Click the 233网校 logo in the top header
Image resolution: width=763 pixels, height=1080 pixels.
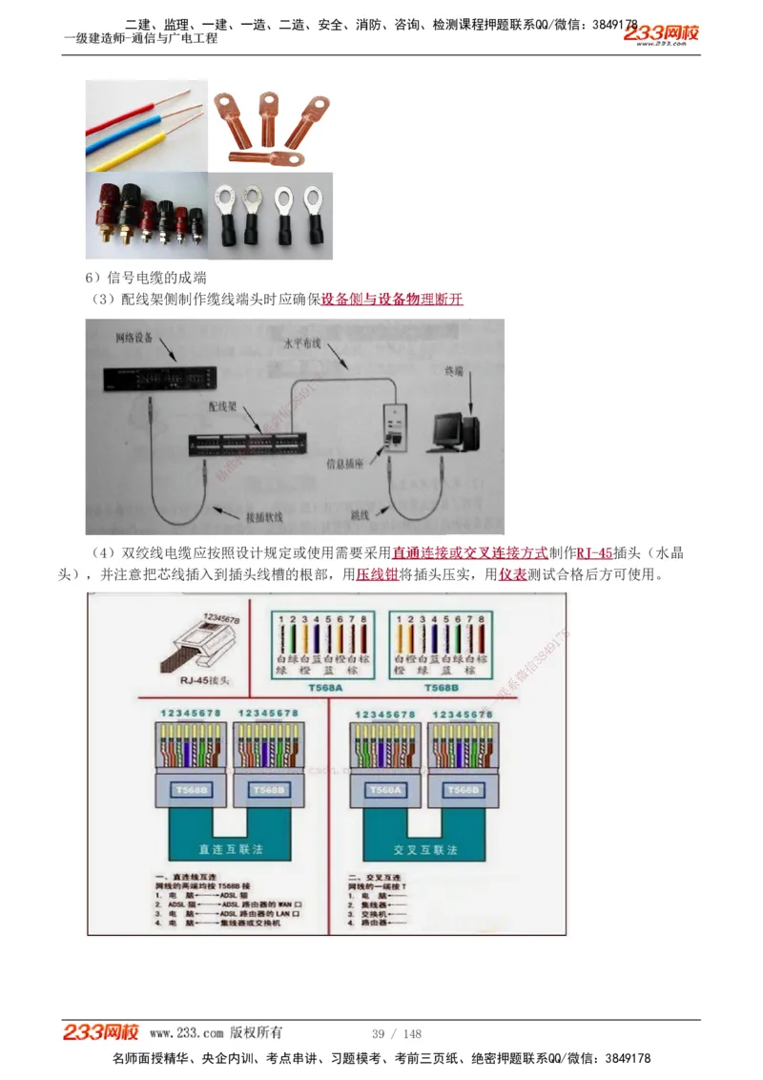(x=662, y=33)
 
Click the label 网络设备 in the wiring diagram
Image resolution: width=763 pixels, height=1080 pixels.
(x=134, y=339)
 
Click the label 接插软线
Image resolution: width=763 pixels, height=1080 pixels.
(x=265, y=518)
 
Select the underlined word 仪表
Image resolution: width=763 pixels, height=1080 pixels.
(x=512, y=575)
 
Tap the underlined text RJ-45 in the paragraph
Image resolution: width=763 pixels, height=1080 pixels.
(x=594, y=553)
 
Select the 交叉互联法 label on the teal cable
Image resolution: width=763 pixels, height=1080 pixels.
(x=425, y=848)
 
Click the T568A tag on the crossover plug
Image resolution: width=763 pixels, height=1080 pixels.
(x=385, y=790)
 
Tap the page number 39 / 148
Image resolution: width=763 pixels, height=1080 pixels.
(x=396, y=1034)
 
